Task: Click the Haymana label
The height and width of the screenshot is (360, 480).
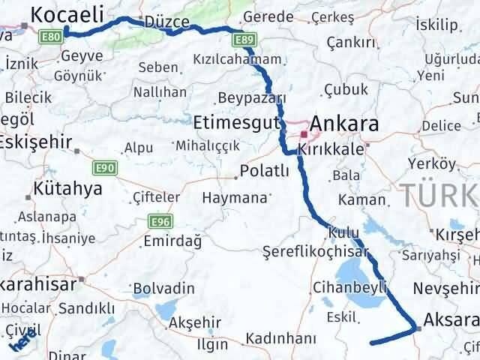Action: coord(235,199)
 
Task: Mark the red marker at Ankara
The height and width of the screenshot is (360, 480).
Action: coord(303,135)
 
